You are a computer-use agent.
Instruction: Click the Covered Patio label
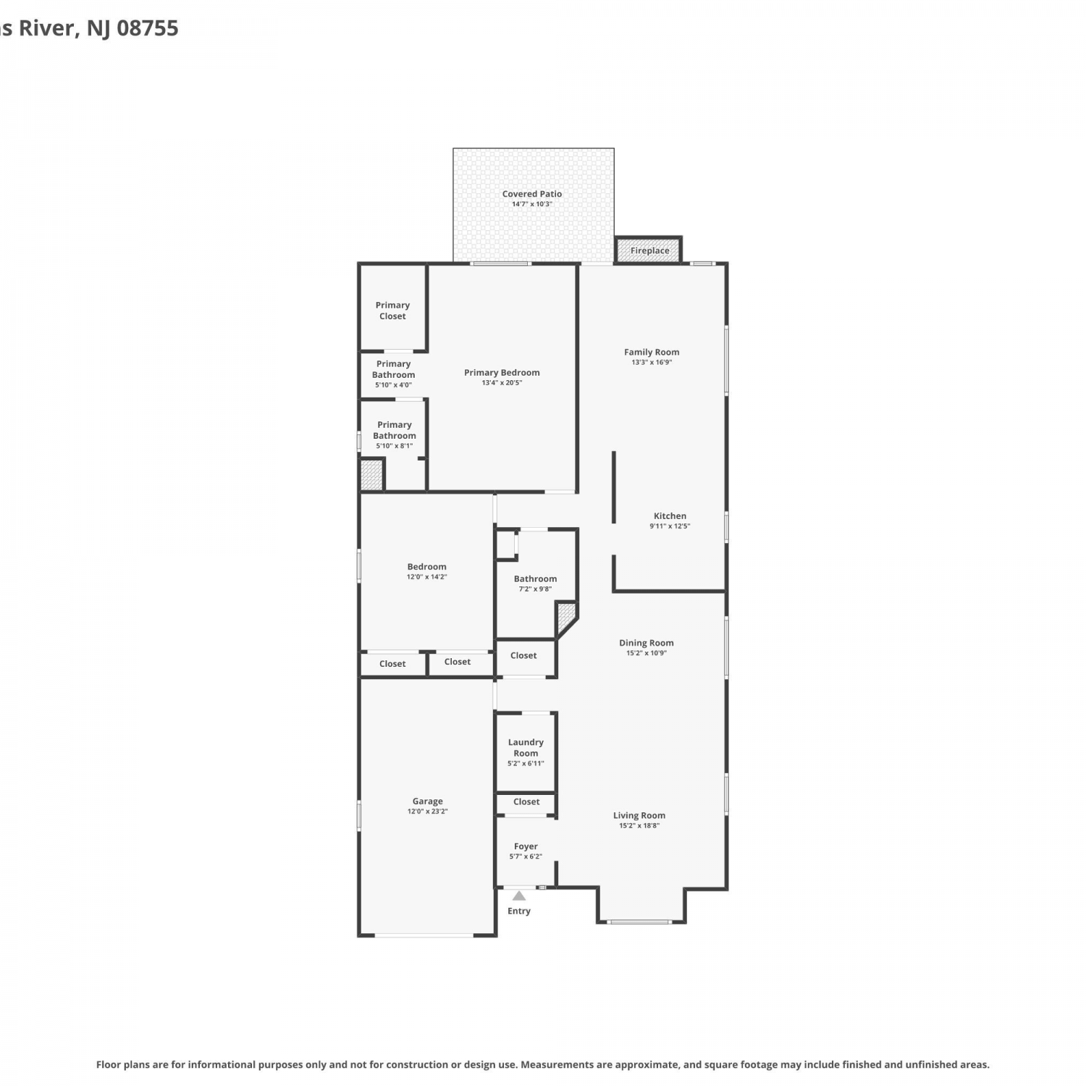pyautogui.click(x=532, y=194)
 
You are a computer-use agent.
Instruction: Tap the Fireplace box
pyautogui.click(x=649, y=250)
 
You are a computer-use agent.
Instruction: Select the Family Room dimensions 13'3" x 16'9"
pyautogui.click(x=652, y=362)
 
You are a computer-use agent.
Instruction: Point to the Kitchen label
pyautogui.click(x=670, y=516)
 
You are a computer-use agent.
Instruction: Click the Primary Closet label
pyautogui.click(x=392, y=311)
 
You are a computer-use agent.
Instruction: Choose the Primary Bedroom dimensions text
pyautogui.click(x=502, y=383)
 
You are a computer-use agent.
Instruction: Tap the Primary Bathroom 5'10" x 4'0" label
pyautogui.click(x=394, y=374)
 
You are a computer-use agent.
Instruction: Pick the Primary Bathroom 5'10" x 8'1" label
pyautogui.click(x=395, y=435)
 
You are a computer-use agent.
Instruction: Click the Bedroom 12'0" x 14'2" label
pyautogui.click(x=426, y=571)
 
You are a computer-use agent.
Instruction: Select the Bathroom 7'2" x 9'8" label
pyautogui.click(x=535, y=584)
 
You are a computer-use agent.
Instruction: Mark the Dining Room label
pyautogui.click(x=646, y=643)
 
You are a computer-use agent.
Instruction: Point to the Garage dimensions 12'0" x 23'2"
pyautogui.click(x=427, y=812)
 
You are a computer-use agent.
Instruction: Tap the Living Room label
pyautogui.click(x=639, y=815)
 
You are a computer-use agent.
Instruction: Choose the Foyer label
pyautogui.click(x=526, y=846)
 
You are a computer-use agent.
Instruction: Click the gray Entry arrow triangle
pyautogui.click(x=519, y=896)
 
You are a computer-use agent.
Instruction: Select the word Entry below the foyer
pyautogui.click(x=519, y=911)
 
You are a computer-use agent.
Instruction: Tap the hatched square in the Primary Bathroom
pyautogui.click(x=371, y=475)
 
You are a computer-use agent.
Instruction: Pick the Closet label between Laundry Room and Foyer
pyautogui.click(x=526, y=801)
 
